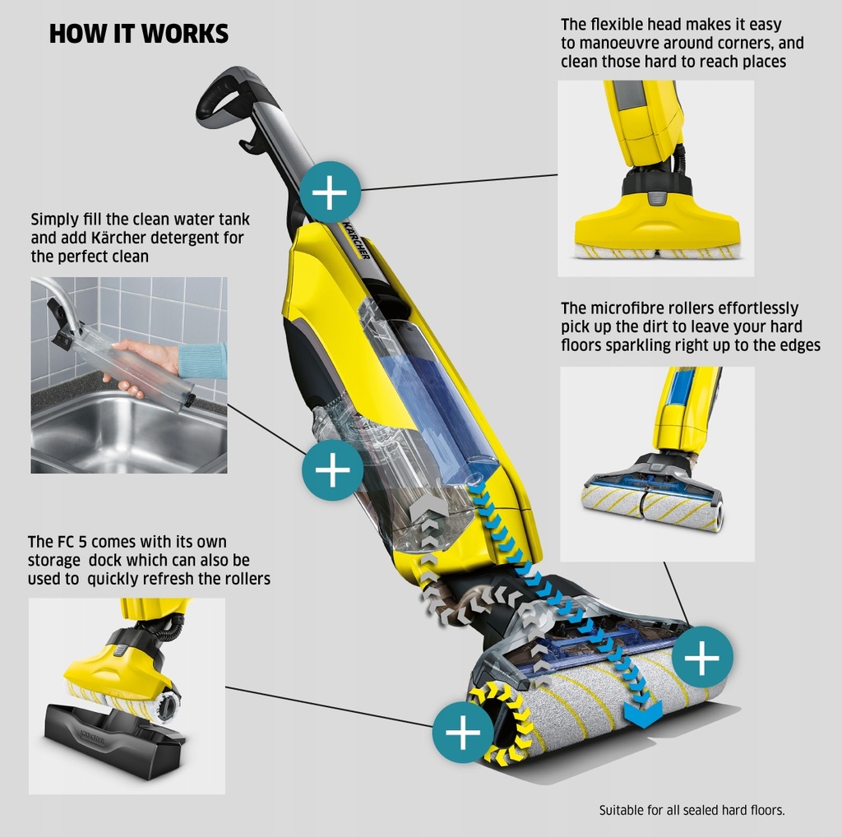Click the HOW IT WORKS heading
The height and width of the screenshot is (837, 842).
click(138, 34)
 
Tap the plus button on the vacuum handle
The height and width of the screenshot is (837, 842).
click(330, 193)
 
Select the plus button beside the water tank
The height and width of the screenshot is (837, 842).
click(332, 470)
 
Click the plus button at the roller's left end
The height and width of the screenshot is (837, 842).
click(463, 732)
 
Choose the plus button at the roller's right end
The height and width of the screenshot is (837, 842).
click(701, 657)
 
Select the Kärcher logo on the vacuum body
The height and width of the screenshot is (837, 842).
click(356, 239)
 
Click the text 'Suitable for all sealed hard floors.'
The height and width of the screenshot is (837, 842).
click(692, 810)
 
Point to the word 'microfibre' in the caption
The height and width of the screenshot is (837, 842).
click(631, 308)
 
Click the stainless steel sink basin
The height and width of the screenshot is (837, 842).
click(123, 432)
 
